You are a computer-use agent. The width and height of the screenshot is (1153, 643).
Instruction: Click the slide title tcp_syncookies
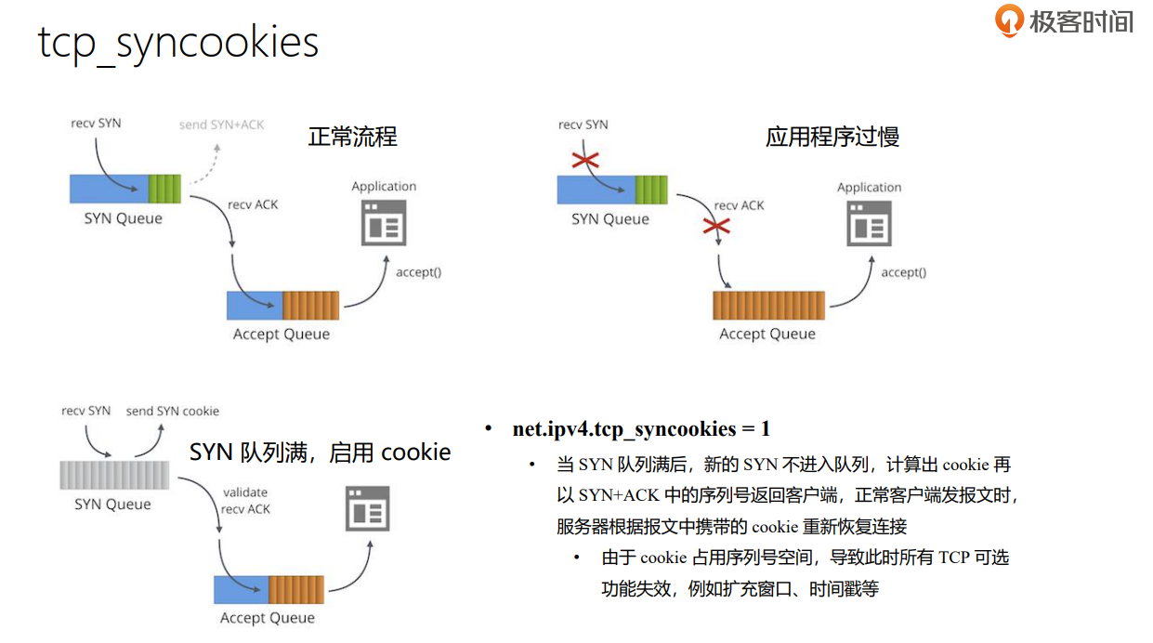tap(177, 42)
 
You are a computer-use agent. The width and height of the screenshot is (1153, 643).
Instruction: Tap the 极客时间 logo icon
tap(1009, 20)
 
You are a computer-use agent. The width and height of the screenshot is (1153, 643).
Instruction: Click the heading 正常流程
tap(352, 138)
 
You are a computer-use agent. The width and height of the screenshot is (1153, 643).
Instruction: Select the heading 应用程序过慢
tap(832, 138)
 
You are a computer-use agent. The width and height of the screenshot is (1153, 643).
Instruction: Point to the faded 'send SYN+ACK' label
tap(221, 125)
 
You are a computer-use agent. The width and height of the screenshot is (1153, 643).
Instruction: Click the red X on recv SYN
tap(585, 161)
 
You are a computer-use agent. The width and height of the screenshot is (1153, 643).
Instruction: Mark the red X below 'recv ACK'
tap(716, 226)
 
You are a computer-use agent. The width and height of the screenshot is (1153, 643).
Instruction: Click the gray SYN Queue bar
tap(114, 475)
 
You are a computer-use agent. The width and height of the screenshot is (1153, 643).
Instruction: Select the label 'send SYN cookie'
tap(173, 411)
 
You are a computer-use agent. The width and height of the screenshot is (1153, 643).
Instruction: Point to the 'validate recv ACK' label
tap(246, 501)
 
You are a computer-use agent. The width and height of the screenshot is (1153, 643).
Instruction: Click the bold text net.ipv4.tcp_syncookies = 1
tap(641, 428)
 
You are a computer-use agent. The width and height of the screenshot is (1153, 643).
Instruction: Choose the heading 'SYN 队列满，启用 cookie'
tap(320, 453)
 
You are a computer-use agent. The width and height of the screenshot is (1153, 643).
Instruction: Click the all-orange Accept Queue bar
tap(768, 305)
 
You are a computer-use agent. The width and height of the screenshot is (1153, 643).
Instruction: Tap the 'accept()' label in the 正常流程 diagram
tap(418, 272)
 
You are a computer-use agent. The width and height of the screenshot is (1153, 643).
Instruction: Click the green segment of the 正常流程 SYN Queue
tap(165, 189)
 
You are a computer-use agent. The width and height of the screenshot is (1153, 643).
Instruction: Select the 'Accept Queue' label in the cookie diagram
tap(267, 618)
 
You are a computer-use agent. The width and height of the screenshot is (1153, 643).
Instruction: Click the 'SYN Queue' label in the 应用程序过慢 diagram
tap(609, 219)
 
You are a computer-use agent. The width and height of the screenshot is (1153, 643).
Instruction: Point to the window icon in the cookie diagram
tap(367, 508)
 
